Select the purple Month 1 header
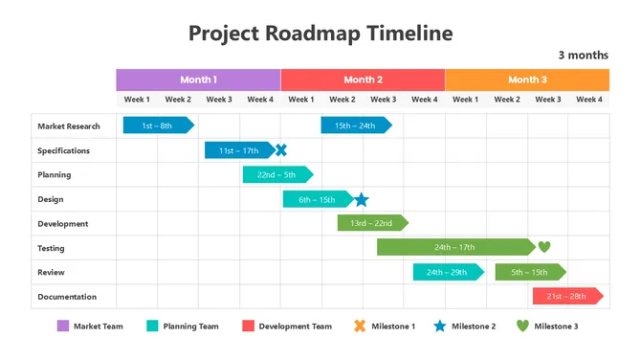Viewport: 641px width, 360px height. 198,79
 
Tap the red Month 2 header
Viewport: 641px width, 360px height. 363,79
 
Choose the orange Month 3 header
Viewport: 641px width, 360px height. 527,79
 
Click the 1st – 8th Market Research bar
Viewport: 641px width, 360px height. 158,124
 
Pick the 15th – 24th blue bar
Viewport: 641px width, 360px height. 355,124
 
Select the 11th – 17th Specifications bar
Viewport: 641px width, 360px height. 238,149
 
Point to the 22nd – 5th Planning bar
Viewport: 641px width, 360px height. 276,174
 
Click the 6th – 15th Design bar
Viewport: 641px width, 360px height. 317,199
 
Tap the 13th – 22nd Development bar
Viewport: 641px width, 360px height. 371,223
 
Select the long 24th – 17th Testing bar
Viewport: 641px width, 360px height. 455,247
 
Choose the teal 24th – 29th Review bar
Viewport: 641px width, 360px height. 448,272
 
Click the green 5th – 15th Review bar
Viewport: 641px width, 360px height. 529,272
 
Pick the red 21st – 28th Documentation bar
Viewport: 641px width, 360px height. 566,296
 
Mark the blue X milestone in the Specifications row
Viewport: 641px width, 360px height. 281,149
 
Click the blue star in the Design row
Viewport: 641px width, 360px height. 361,199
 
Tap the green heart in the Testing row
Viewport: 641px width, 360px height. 544,247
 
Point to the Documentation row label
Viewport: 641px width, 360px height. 67,297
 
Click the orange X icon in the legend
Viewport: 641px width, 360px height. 360,326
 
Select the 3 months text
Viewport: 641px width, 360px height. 583,56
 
